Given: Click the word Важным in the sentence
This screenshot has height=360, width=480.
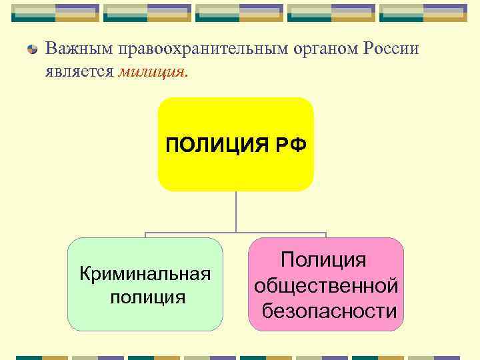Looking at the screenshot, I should coord(79,49).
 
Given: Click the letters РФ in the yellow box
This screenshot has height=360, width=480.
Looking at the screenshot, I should coord(290,145).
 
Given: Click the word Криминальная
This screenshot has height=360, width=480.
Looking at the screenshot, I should coord(145,273).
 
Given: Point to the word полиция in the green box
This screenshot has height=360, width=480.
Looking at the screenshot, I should coord(148,296).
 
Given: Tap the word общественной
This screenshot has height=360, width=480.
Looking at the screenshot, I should coord(327,285).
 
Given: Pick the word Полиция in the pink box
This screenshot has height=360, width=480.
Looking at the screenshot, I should coord(324,260).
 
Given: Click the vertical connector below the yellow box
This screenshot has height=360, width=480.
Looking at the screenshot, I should coord(235,212).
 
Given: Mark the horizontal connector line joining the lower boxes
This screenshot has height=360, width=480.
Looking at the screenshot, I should coord(200,233).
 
